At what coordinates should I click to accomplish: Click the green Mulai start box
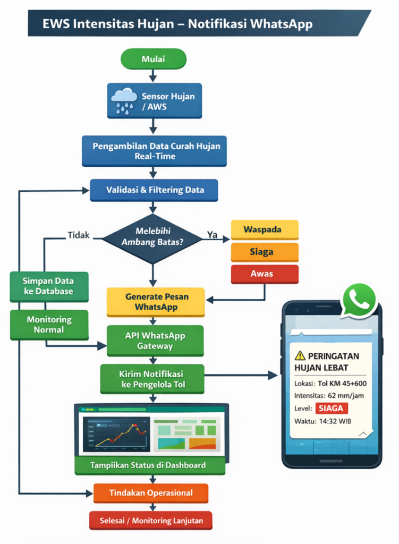point(153,59)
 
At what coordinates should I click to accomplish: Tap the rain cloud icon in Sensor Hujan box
point(124,101)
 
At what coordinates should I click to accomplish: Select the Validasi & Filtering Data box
point(154,190)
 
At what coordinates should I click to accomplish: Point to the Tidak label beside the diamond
point(79,235)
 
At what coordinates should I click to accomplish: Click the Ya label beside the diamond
point(212,235)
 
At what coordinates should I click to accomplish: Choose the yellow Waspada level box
point(264,230)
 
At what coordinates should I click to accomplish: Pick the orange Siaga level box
point(264,252)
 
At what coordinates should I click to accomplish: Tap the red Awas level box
point(264,274)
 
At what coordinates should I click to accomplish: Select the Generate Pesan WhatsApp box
point(155,302)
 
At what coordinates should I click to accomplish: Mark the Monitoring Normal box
point(49,325)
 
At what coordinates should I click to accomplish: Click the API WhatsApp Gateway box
point(155,341)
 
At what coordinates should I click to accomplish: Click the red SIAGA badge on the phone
point(332,408)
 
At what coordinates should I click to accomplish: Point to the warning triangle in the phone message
point(300,356)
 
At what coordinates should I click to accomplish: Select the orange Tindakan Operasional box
point(151,493)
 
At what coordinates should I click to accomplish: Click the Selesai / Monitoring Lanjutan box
point(151,521)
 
